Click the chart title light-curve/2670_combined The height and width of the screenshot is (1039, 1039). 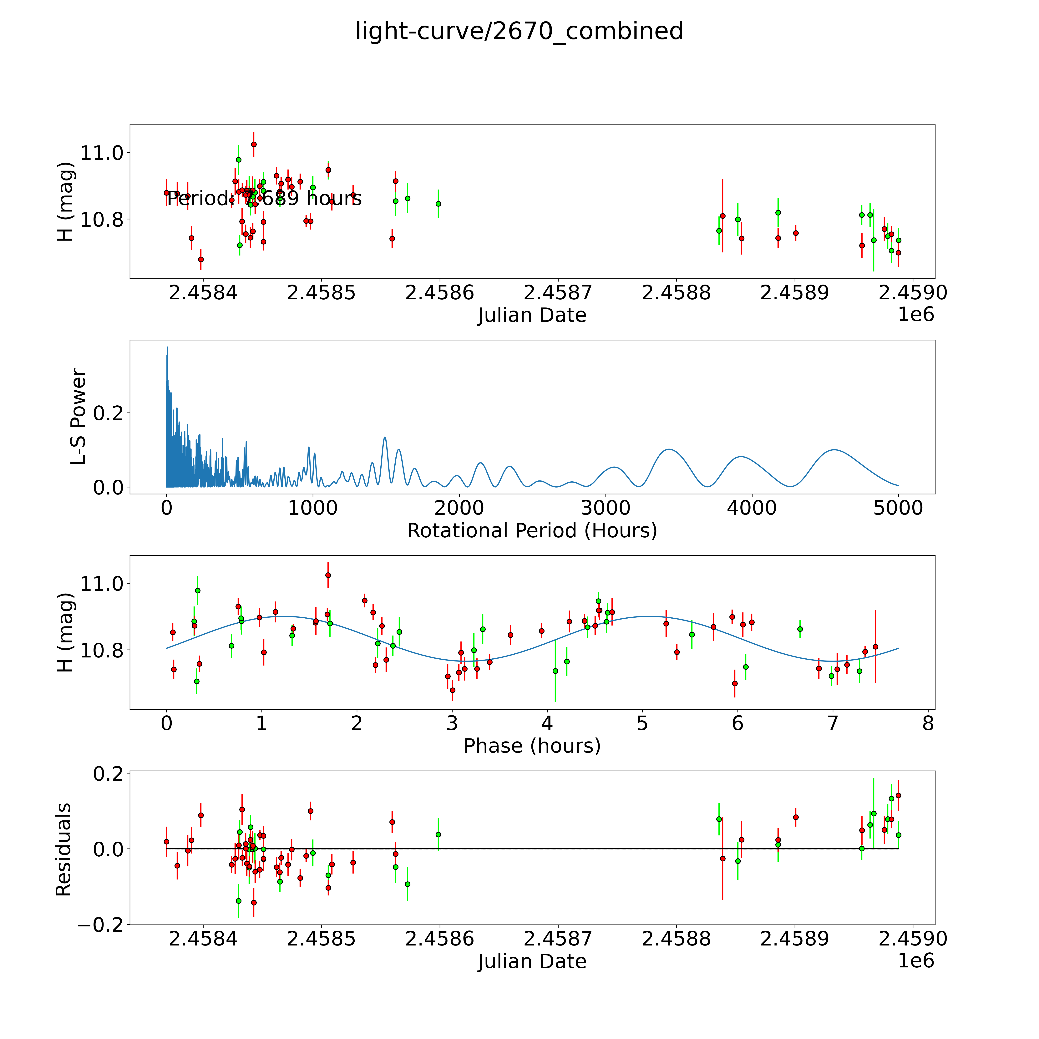519,31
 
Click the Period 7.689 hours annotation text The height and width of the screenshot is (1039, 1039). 264,199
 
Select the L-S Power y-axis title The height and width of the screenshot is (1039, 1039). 79,417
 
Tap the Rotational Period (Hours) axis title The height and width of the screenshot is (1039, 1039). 532,531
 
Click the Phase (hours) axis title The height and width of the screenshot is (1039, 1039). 532,746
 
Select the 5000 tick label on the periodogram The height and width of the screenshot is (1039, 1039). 898,508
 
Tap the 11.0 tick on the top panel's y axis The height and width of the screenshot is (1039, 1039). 102,153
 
